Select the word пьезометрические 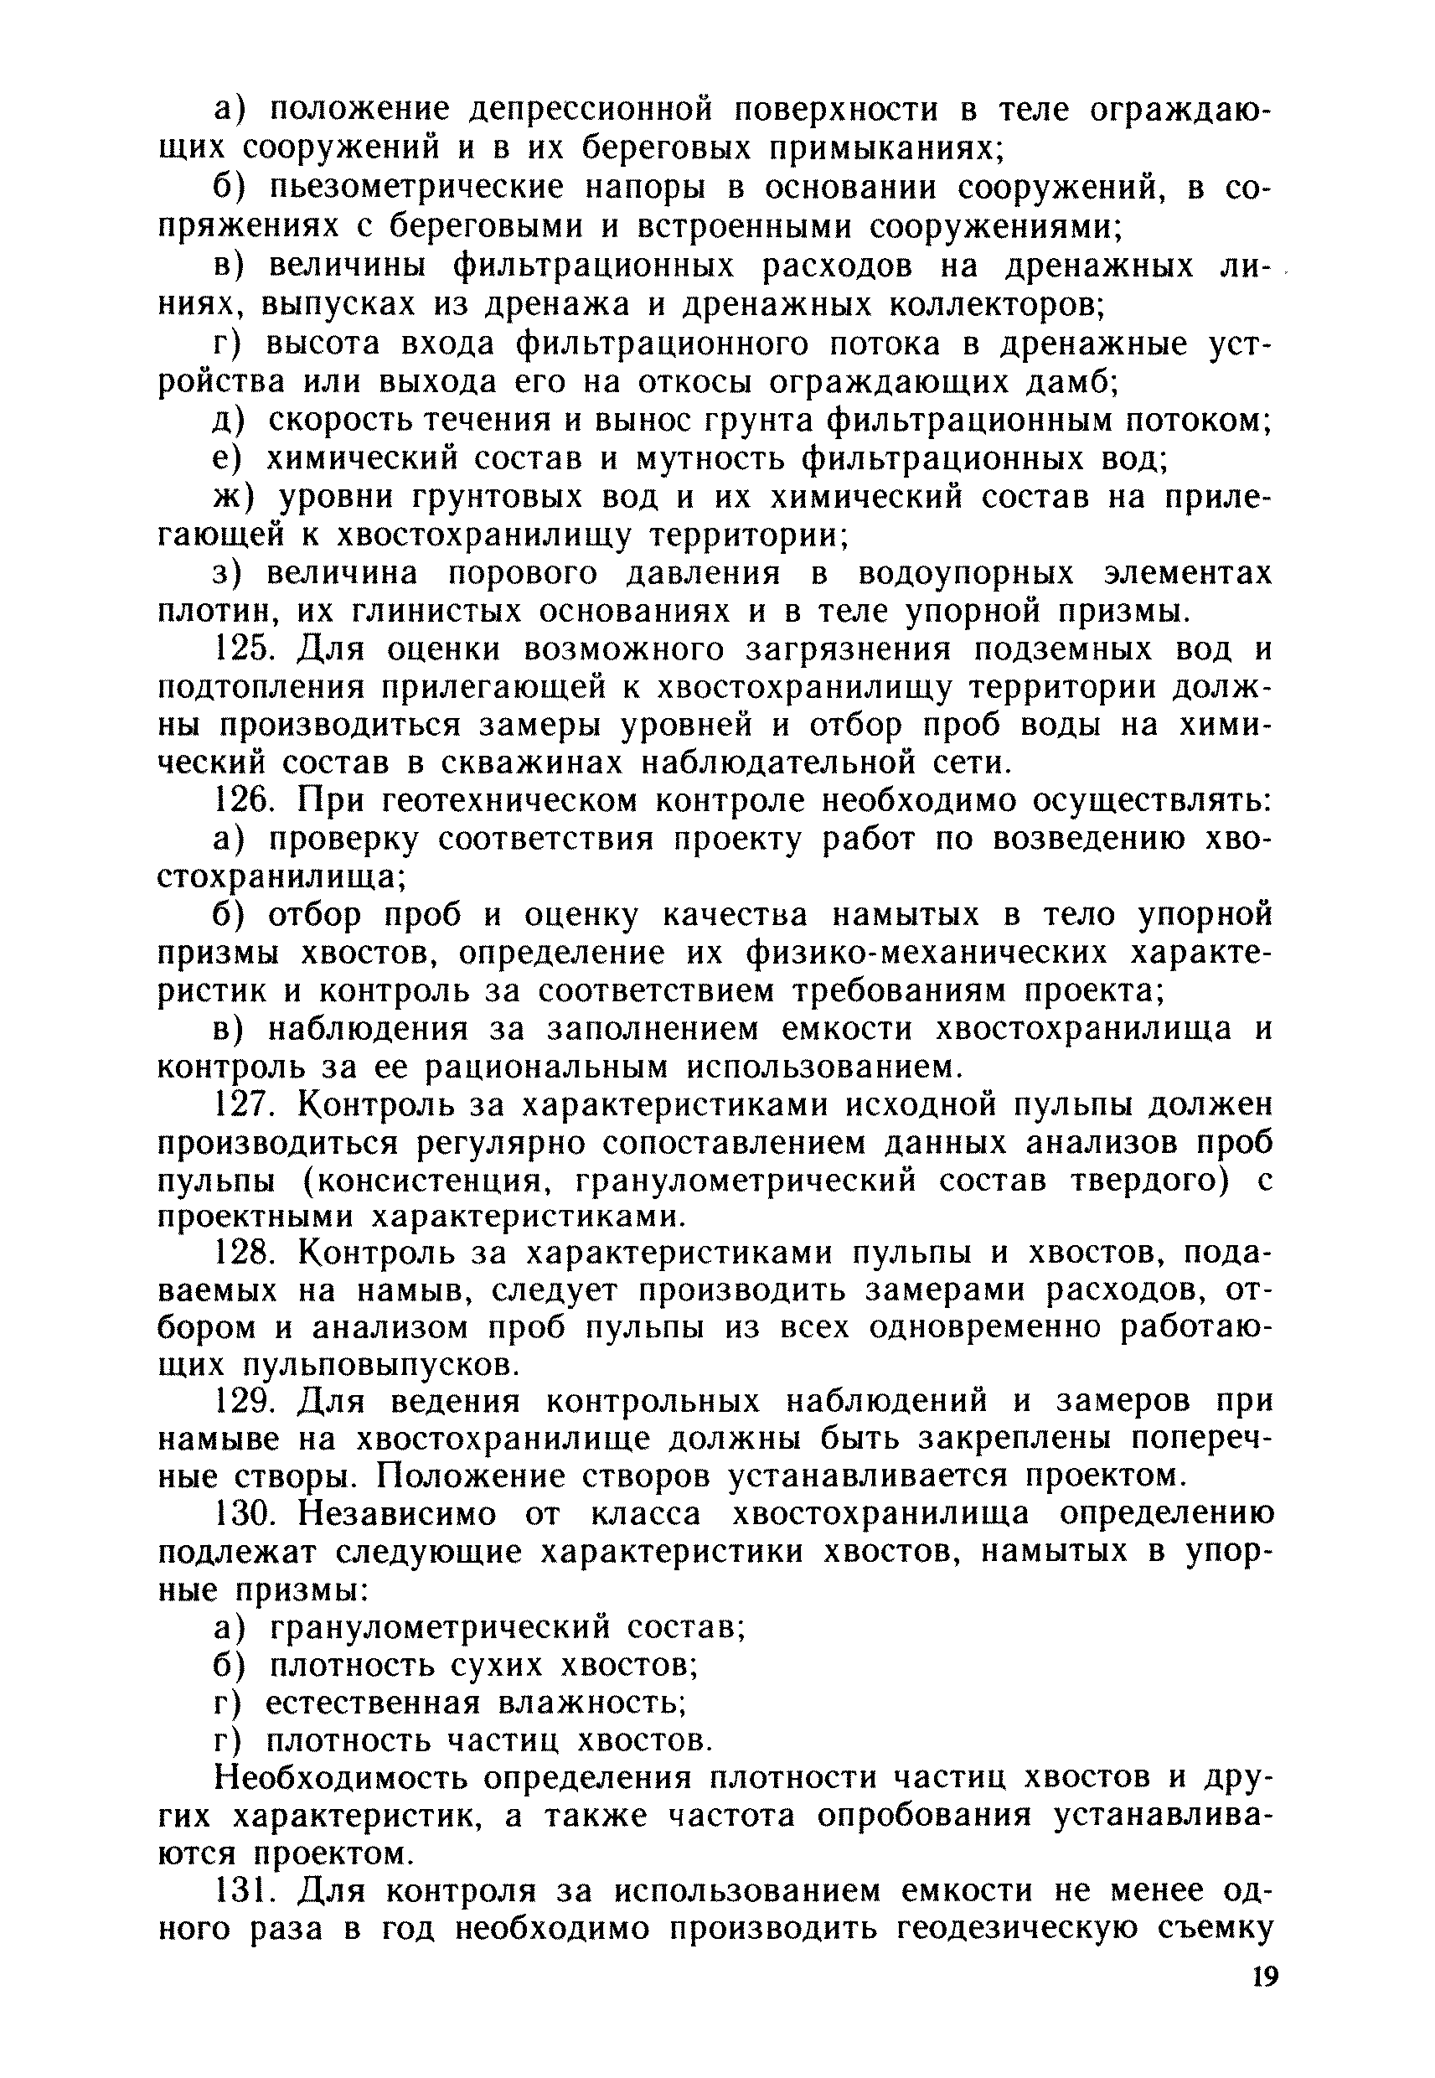tap(418, 188)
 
